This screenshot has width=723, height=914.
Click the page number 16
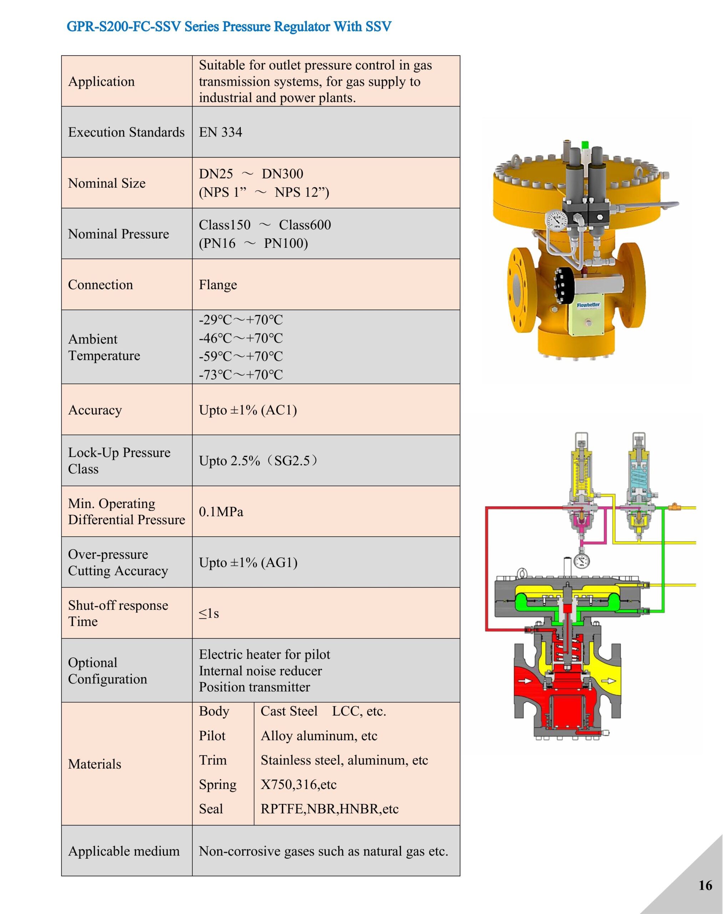click(x=705, y=885)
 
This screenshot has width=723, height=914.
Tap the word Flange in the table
click(x=218, y=285)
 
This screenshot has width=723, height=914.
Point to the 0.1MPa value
click(x=221, y=512)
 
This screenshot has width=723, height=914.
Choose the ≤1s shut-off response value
click(x=209, y=613)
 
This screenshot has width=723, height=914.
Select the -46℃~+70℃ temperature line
click(x=241, y=338)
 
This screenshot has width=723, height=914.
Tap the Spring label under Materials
click(x=218, y=785)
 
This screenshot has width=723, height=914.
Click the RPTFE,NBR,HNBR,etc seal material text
click(x=329, y=809)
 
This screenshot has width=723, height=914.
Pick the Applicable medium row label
click(x=123, y=851)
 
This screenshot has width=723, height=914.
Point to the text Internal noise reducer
click(x=261, y=671)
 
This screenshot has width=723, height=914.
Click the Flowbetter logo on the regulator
click(x=588, y=305)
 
